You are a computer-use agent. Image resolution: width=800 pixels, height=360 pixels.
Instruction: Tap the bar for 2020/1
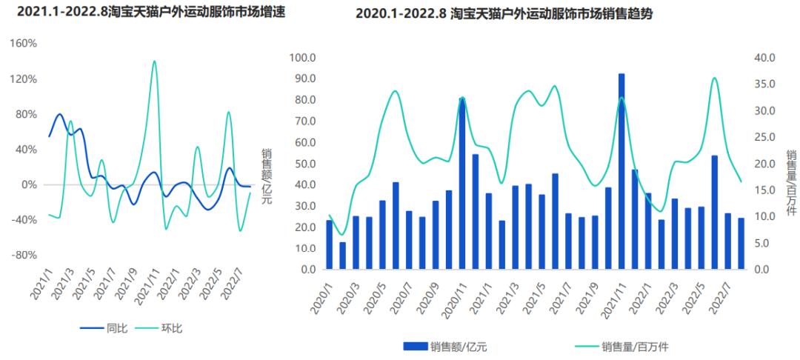pyautogui.click(x=330, y=245)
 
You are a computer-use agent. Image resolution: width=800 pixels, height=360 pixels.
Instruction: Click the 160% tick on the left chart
pyautogui.click(x=22, y=44)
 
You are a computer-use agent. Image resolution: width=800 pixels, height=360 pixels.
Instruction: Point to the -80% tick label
pyautogui.click(x=22, y=255)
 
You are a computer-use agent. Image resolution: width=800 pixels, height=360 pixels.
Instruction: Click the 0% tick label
pyautogui.click(x=27, y=184)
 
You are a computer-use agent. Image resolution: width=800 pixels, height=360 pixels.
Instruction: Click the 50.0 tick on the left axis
pyautogui.click(x=304, y=164)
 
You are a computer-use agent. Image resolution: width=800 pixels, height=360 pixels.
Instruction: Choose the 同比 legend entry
pyautogui.click(x=103, y=327)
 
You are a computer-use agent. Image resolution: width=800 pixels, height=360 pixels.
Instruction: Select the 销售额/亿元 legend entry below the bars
pyautogui.click(x=448, y=346)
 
